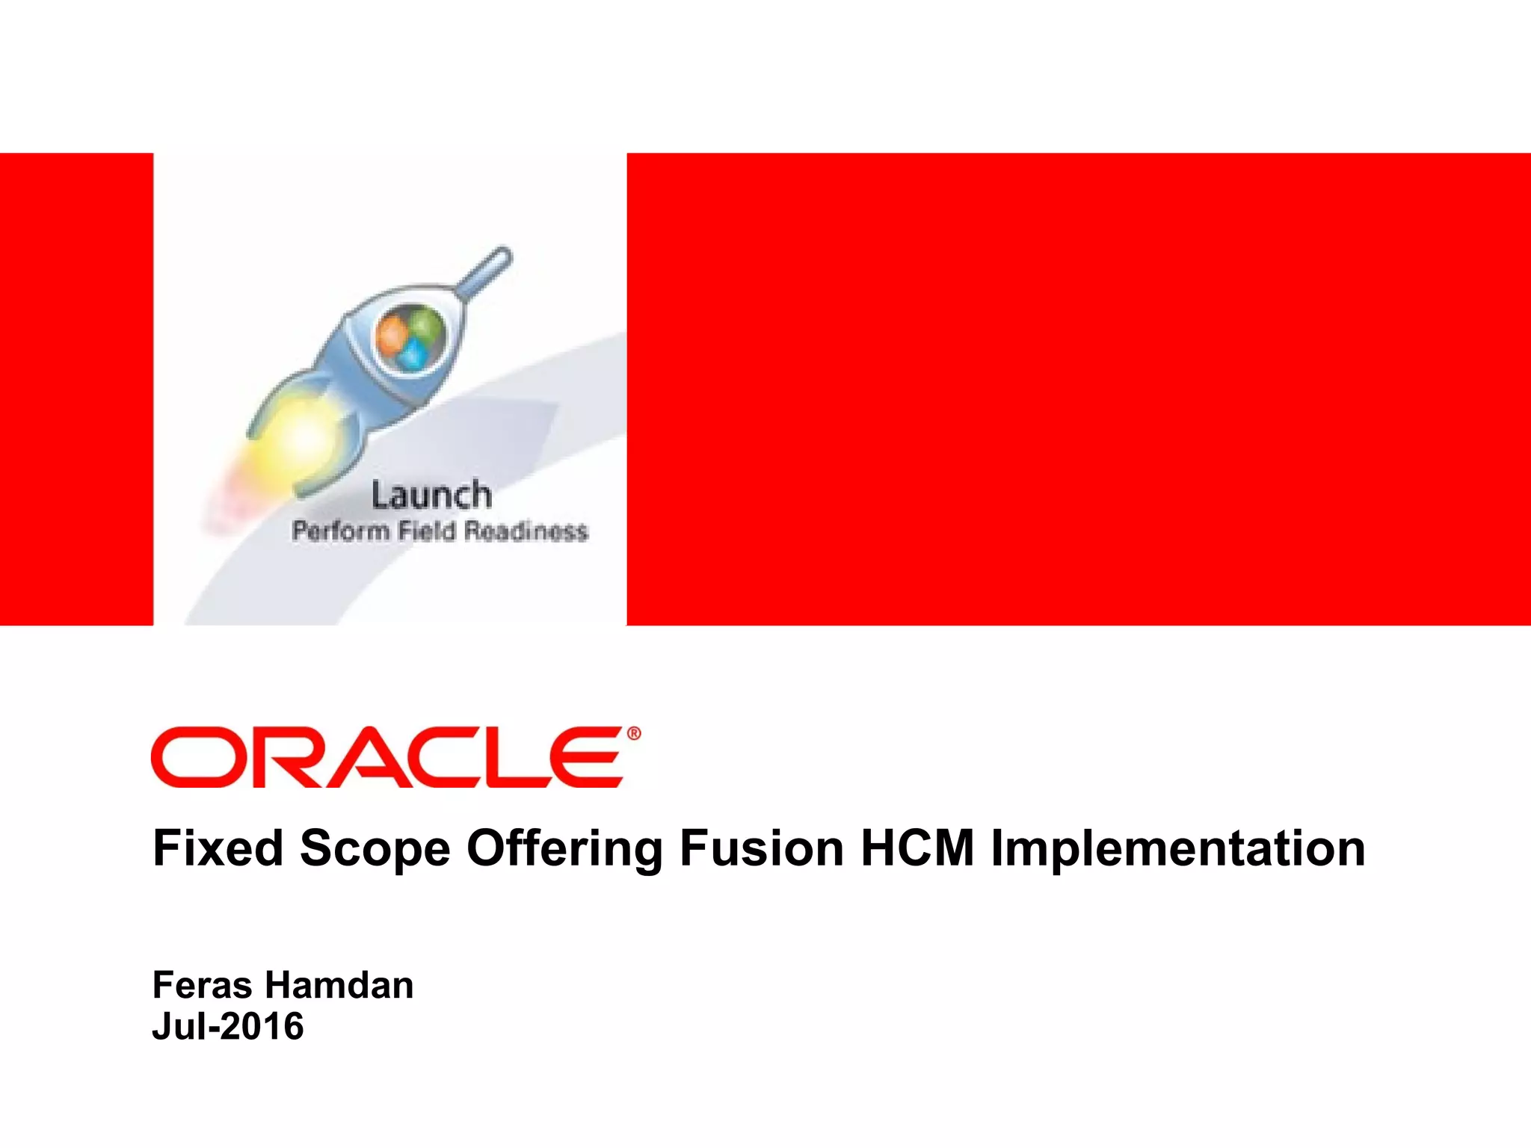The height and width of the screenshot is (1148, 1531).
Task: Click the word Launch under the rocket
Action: coord(431,496)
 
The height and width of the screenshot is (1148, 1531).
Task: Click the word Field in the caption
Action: coord(426,531)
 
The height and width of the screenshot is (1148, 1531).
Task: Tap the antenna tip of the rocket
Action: coord(502,254)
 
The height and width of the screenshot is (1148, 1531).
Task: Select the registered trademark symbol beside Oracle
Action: coord(634,734)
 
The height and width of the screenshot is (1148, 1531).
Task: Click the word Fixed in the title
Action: coord(218,848)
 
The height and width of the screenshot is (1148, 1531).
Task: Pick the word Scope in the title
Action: coord(375,848)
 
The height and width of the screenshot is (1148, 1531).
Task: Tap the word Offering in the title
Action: coord(564,850)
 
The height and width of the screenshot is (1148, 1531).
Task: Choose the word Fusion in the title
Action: coord(761,848)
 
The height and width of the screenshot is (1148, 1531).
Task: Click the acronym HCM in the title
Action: coord(917,848)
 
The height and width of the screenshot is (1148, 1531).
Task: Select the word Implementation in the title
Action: coord(1178,850)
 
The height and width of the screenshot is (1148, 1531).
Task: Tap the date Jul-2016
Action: coord(228,1025)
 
